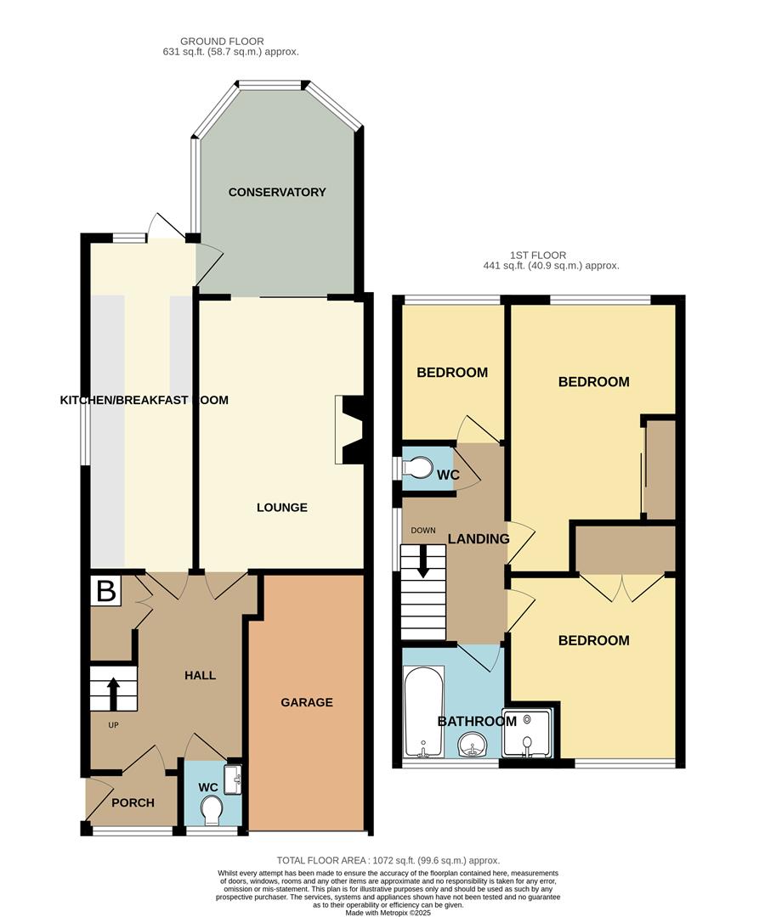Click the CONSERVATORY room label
pyautogui.click(x=277, y=192)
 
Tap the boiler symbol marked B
pyautogui.click(x=106, y=591)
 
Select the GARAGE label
pyautogui.click(x=307, y=702)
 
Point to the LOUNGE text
pyautogui.click(x=282, y=508)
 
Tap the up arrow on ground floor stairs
pyautogui.click(x=112, y=689)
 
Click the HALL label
pyautogui.click(x=201, y=675)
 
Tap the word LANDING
pyautogui.click(x=479, y=538)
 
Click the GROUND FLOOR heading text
pyautogui.click(x=222, y=41)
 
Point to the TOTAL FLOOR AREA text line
pyautogui.click(x=388, y=860)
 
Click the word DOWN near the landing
pyautogui.click(x=422, y=531)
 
